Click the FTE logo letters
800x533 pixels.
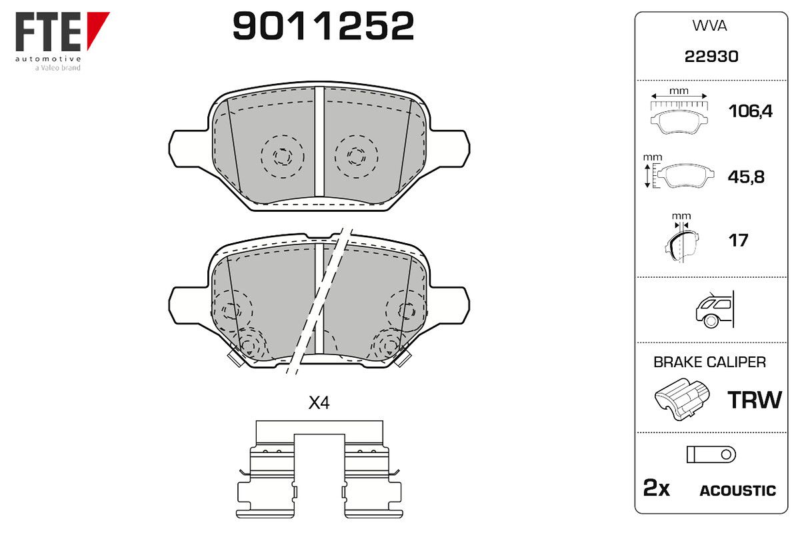(49, 31)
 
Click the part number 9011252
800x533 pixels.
(323, 26)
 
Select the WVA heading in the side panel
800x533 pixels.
(709, 26)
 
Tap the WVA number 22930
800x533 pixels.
(711, 57)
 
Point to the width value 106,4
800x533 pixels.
(751, 111)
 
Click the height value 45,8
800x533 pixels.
(746, 177)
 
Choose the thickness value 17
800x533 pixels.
(738, 241)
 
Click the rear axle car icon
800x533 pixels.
(715, 310)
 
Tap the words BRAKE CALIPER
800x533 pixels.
(709, 362)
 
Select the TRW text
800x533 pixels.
(755, 400)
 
